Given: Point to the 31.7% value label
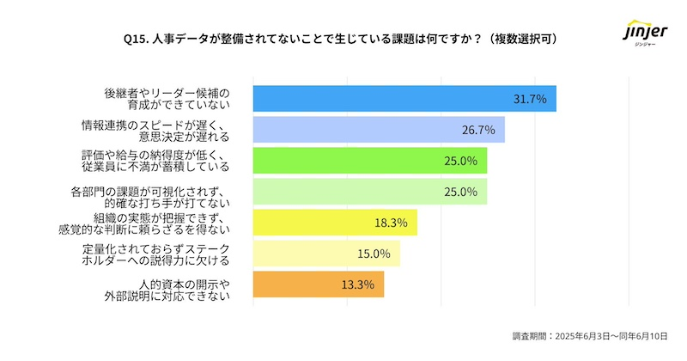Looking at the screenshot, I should coord(530,99).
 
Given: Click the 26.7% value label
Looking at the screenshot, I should coord(477,130).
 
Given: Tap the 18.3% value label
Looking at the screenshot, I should coord(391,223).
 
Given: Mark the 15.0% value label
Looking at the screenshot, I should coord(374,254).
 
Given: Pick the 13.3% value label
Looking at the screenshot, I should coord(357,285).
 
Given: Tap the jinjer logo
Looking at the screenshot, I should coord(642,36).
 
